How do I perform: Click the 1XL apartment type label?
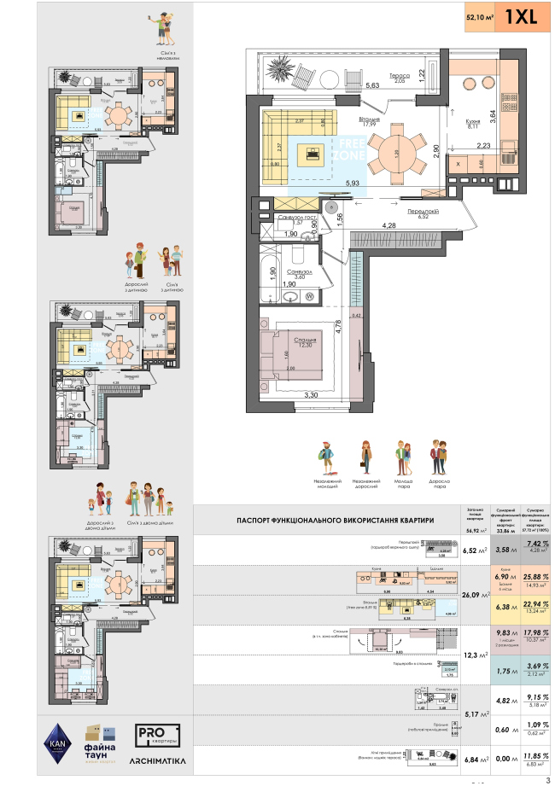coord(521,17)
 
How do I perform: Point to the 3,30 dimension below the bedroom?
coord(288,395)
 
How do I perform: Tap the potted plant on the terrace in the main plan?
coord(279,69)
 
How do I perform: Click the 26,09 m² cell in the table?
coord(474,595)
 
